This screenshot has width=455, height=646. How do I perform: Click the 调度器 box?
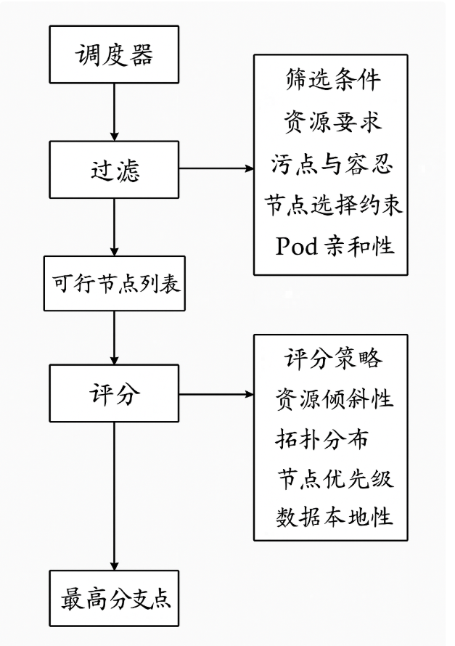click(114, 54)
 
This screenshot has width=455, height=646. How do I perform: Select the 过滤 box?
click(114, 169)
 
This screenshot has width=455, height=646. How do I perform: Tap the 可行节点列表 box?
click(115, 284)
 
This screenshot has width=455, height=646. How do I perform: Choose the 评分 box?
click(114, 393)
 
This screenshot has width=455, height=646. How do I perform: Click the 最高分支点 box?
click(114, 598)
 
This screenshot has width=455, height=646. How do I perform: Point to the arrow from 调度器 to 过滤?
click(114, 112)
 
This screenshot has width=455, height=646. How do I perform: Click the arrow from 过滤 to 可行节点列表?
click(114, 227)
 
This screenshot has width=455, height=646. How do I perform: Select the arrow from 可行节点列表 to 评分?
click(114, 338)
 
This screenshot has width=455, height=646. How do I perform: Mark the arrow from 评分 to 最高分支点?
click(114, 496)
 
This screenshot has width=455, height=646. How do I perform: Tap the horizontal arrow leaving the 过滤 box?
click(216, 168)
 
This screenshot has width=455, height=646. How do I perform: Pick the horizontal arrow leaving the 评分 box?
click(216, 394)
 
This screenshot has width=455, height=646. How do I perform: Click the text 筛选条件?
click(332, 79)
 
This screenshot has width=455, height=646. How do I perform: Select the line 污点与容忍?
click(332, 163)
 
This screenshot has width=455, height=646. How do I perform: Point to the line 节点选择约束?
click(333, 205)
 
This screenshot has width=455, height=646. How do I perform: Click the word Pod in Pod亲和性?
click(297, 246)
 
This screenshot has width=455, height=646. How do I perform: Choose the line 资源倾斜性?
click(334, 398)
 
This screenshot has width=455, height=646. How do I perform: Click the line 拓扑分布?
click(321, 438)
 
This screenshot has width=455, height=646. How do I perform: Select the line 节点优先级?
click(335, 479)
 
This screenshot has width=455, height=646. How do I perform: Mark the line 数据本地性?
click(334, 516)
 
